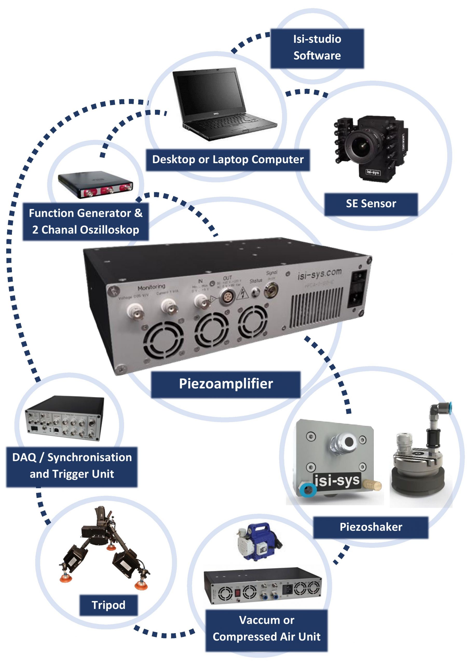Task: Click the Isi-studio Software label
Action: tap(317, 48)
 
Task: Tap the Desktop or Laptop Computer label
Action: tap(228, 160)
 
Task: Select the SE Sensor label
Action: tap(371, 204)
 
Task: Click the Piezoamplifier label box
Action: tap(226, 384)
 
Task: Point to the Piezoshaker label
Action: tap(371, 527)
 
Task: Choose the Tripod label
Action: tap(108, 605)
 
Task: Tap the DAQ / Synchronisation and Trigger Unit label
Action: tap(72, 466)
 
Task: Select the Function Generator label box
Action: tap(86, 222)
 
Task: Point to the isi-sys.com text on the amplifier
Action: tap(319, 274)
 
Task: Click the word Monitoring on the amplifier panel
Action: tap(151, 287)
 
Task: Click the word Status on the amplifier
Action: tap(256, 281)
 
